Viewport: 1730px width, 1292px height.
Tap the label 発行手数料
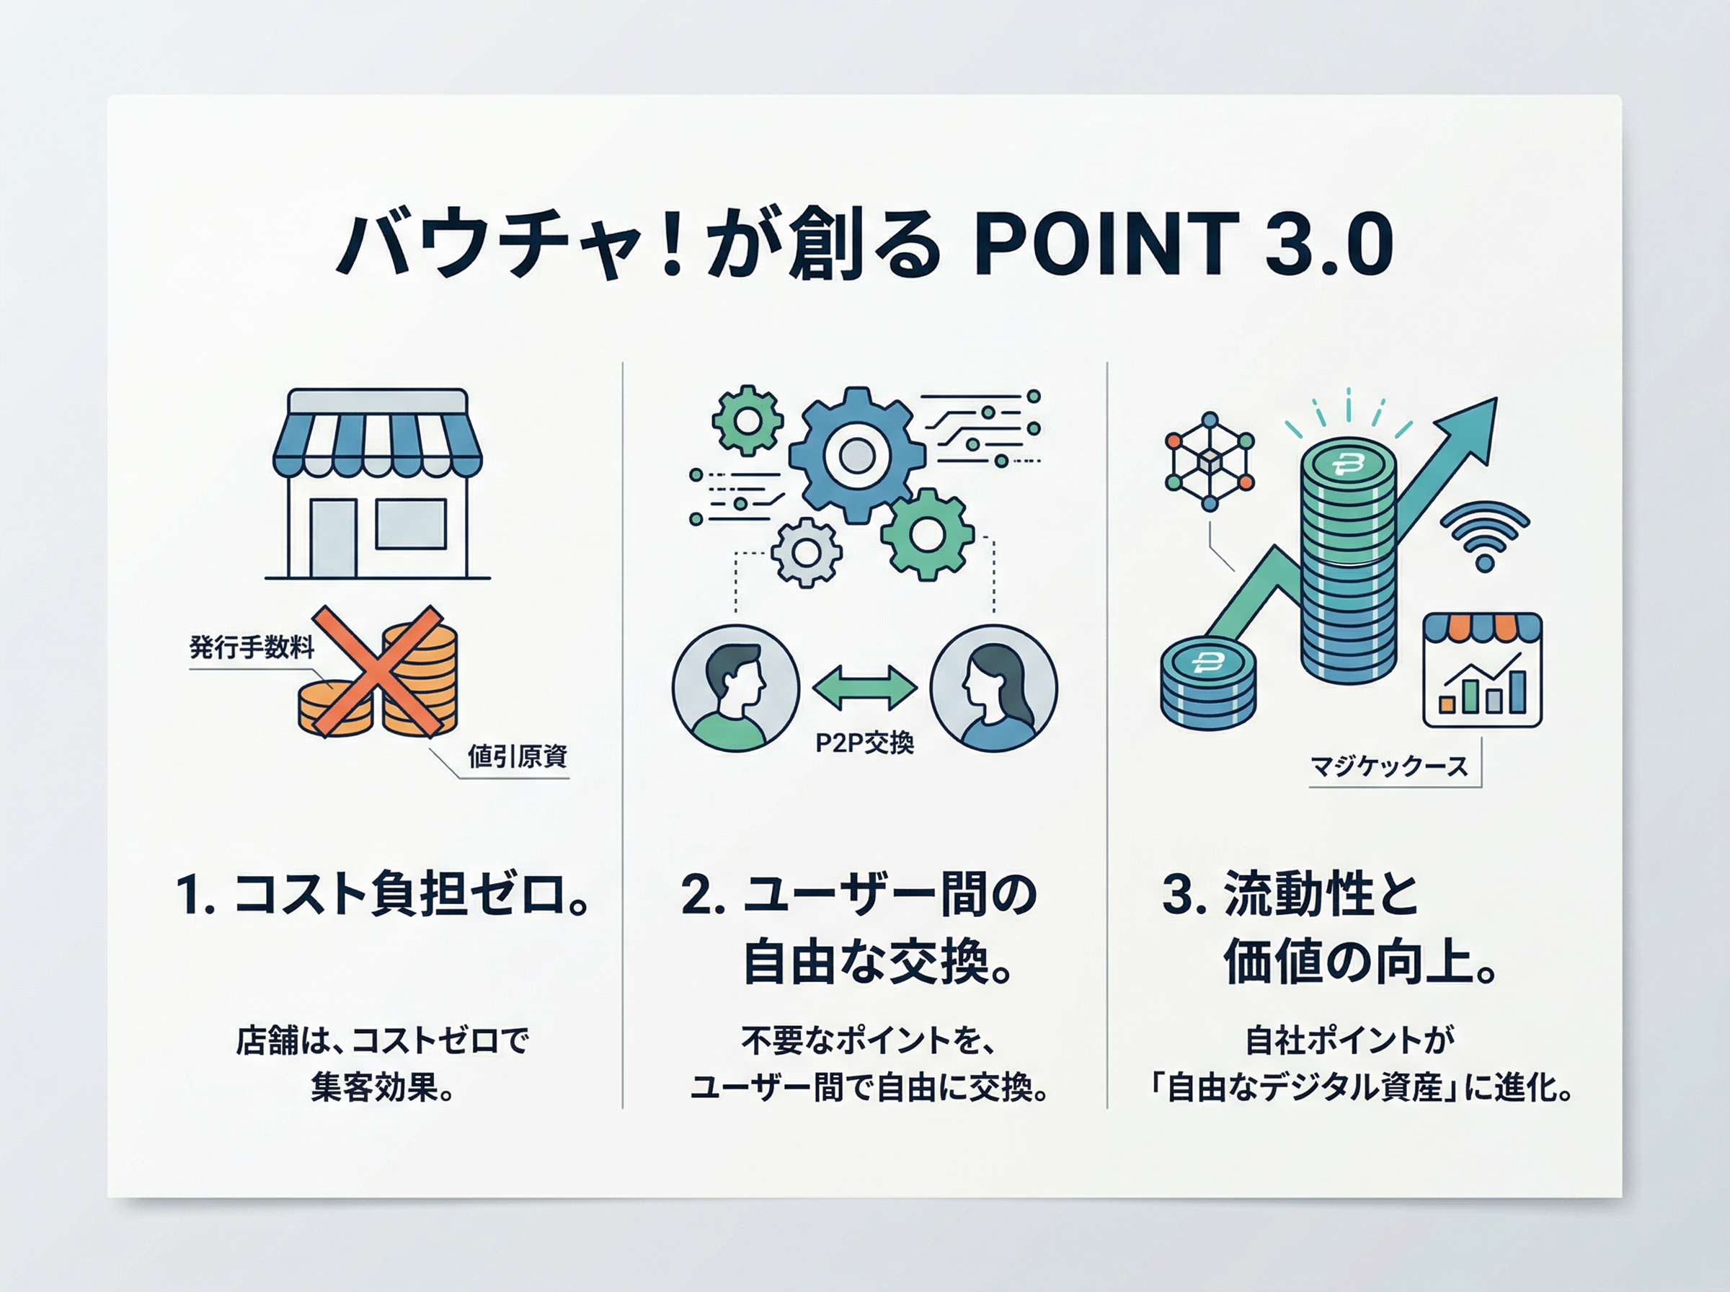pyautogui.click(x=252, y=647)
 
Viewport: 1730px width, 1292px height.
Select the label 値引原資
pyautogui.click(x=518, y=756)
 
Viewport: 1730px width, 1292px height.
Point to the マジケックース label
pyautogui.click(x=1389, y=766)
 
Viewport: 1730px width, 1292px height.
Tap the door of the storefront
pyautogui.click(x=334, y=538)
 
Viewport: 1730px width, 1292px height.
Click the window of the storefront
pyautogui.click(x=411, y=524)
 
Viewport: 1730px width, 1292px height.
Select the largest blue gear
pyautogui.click(x=857, y=455)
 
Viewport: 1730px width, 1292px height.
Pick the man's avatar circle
pyautogui.click(x=736, y=689)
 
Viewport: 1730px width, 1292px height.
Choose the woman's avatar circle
pyautogui.click(x=993, y=689)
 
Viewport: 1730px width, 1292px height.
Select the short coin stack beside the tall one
pyautogui.click(x=1208, y=683)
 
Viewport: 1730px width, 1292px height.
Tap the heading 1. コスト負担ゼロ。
pyautogui.click(x=382, y=894)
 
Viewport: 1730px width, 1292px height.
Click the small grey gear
pyautogui.click(x=806, y=552)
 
